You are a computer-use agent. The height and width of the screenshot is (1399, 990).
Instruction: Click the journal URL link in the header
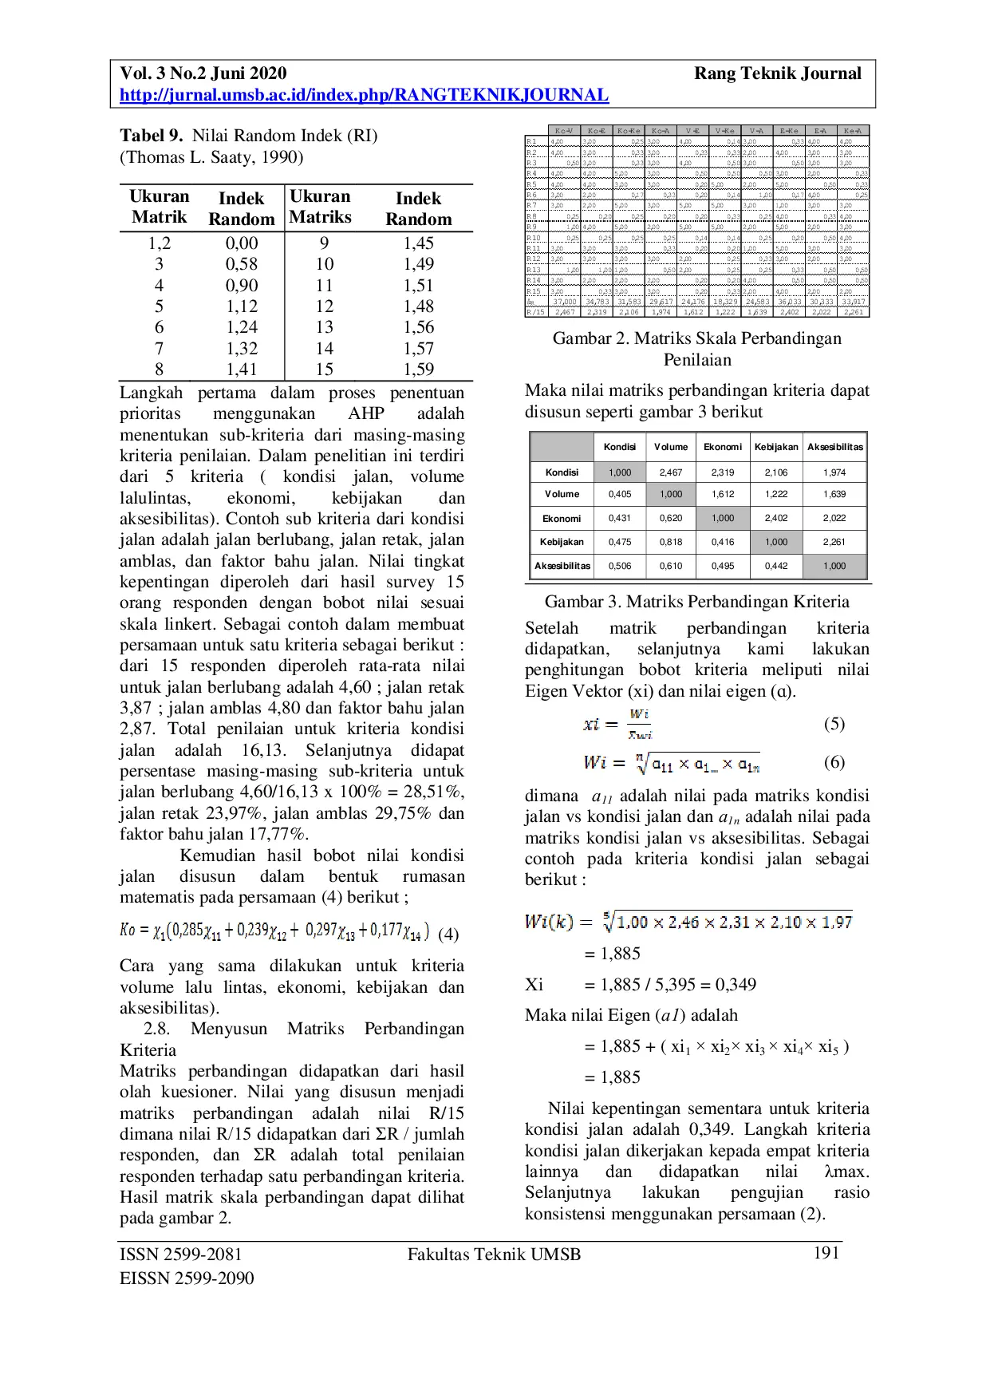click(364, 95)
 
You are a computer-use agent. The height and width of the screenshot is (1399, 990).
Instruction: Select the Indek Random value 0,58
click(241, 264)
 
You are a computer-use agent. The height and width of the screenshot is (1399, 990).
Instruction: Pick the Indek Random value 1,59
click(418, 370)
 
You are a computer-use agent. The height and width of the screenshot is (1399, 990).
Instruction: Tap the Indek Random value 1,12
click(241, 306)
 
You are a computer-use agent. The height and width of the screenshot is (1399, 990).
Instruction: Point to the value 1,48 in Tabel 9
click(418, 306)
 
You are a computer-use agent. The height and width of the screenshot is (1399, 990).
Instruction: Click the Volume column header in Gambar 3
click(671, 447)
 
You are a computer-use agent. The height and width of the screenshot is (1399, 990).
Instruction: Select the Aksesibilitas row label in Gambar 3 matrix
click(562, 566)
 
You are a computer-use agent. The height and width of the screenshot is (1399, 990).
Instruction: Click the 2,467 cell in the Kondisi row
click(671, 472)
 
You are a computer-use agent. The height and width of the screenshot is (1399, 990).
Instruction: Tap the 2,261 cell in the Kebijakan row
click(834, 542)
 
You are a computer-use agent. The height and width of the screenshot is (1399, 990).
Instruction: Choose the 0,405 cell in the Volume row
click(620, 494)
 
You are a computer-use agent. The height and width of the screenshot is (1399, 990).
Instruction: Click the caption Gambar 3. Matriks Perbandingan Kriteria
click(696, 602)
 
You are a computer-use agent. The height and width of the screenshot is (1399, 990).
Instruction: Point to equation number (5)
click(834, 724)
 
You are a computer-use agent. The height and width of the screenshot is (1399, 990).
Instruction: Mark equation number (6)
click(834, 762)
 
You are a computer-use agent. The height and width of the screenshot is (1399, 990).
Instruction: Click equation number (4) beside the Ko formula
click(448, 935)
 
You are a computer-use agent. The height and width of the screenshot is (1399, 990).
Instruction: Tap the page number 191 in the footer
click(826, 1253)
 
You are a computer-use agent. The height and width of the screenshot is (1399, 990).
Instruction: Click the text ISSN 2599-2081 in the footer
click(180, 1255)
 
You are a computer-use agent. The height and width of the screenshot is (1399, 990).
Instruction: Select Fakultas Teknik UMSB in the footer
click(494, 1255)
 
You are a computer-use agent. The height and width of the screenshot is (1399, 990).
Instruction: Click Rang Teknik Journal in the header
click(777, 74)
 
